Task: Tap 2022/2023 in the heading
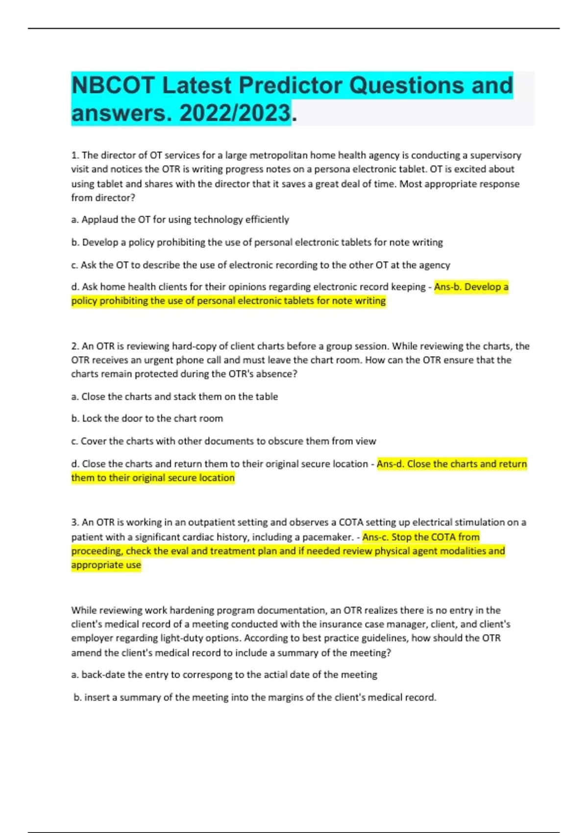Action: pos(235,114)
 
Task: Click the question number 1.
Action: pos(75,155)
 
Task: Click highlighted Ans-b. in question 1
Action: pos(447,287)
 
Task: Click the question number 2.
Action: pos(75,346)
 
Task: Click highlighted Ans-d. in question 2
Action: pos(390,464)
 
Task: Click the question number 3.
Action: pos(75,522)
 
